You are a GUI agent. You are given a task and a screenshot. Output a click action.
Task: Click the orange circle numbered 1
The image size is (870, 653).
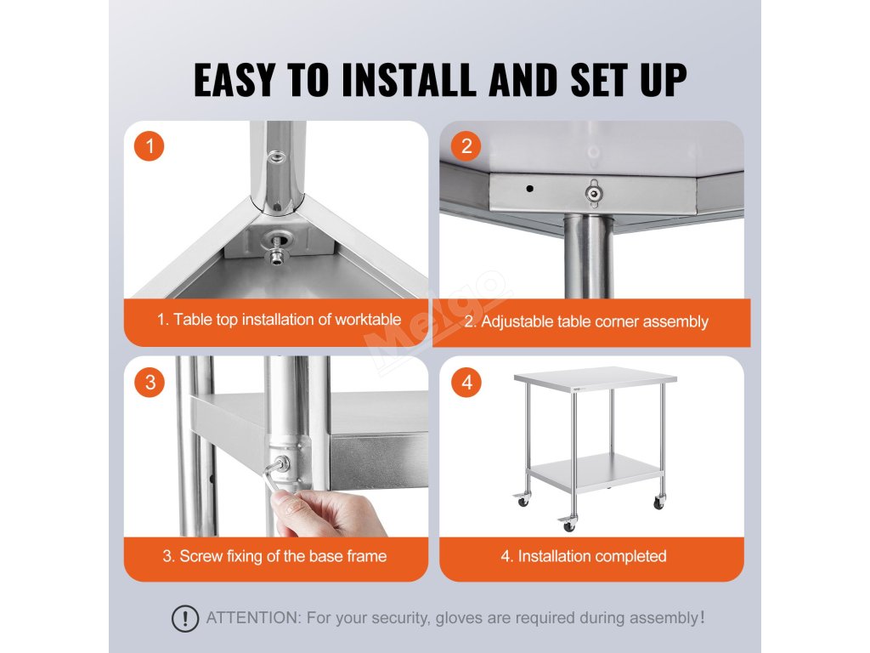[150, 146]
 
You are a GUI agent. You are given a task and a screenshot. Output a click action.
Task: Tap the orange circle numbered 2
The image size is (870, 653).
[466, 146]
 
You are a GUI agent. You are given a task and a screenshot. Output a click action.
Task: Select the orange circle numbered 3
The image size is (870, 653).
[150, 382]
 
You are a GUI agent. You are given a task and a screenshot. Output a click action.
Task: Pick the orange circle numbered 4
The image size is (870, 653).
[466, 382]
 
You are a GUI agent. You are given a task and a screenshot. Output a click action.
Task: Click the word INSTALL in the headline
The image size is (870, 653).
[409, 80]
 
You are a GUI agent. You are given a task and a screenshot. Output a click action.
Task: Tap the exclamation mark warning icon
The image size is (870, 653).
[184, 618]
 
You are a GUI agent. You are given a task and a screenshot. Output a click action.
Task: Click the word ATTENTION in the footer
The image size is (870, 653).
[253, 617]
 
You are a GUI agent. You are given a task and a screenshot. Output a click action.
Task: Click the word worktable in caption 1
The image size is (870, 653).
[368, 320]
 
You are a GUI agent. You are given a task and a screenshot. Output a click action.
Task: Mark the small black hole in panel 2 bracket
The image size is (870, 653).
[530, 189]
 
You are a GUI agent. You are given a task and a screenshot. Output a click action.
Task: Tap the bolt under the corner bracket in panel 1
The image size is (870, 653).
[274, 255]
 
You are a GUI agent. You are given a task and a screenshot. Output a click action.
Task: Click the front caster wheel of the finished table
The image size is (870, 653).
[568, 524]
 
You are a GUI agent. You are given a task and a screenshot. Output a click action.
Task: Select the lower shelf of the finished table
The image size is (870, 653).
[594, 473]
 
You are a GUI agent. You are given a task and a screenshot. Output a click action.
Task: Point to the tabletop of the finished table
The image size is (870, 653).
[596, 378]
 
